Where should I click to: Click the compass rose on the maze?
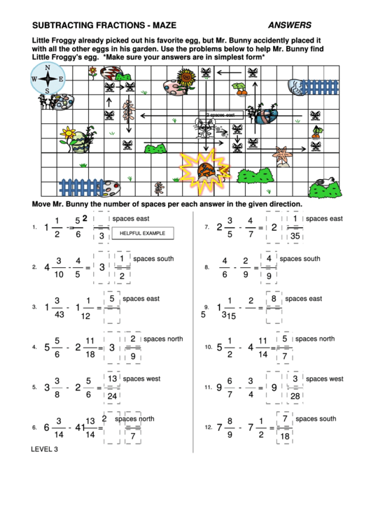pyautogui.click(x=46, y=79)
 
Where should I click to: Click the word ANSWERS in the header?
pyautogui.click(x=290, y=25)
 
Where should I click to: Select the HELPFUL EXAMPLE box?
pyautogui.click(x=143, y=233)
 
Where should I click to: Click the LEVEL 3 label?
pyautogui.click(x=45, y=448)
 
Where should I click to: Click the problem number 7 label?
pyautogui.click(x=207, y=227)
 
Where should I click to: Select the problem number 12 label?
pyautogui.click(x=208, y=427)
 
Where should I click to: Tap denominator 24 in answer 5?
pyautogui.click(x=112, y=396)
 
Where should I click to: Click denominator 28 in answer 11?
pyautogui.click(x=295, y=396)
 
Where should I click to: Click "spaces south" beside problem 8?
pyautogui.click(x=300, y=259)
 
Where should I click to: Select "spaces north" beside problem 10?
pyautogui.click(x=315, y=339)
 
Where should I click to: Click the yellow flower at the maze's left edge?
pyautogui.click(x=68, y=132)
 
